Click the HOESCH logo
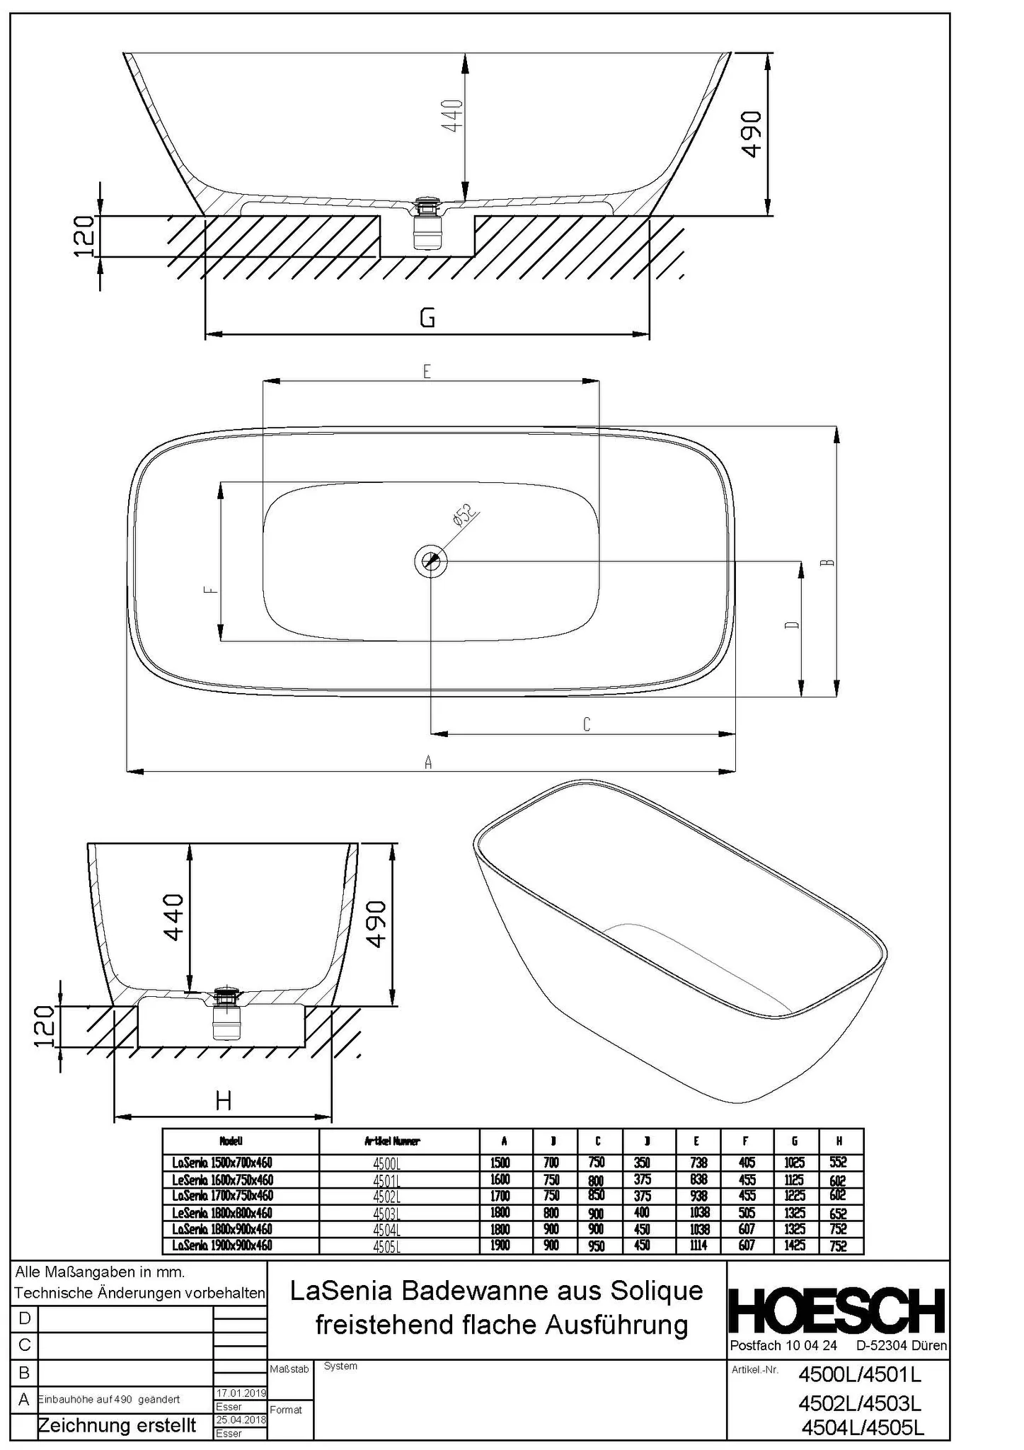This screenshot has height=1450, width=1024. click(x=837, y=1312)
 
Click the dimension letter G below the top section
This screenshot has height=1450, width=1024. click(x=427, y=318)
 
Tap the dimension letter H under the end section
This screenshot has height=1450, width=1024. click(x=223, y=1100)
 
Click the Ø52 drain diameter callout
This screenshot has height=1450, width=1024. click(x=464, y=517)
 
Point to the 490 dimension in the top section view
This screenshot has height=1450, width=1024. click(x=752, y=134)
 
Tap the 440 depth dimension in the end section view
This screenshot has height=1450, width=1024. click(x=174, y=917)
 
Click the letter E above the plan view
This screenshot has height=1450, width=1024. click(x=427, y=371)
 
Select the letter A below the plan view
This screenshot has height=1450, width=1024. click(x=427, y=762)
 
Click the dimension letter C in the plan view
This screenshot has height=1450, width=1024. click(x=586, y=724)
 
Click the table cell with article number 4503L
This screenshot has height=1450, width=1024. click(x=386, y=1214)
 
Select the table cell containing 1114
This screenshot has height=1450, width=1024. click(x=698, y=1245)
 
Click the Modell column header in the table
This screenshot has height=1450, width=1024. click(x=231, y=1141)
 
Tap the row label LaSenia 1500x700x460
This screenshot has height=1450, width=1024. click(x=222, y=1163)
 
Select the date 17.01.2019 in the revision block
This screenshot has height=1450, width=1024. click(x=240, y=1393)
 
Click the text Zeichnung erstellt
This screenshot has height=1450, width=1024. click(x=117, y=1425)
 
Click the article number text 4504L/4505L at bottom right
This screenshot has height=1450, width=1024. click(x=862, y=1428)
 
